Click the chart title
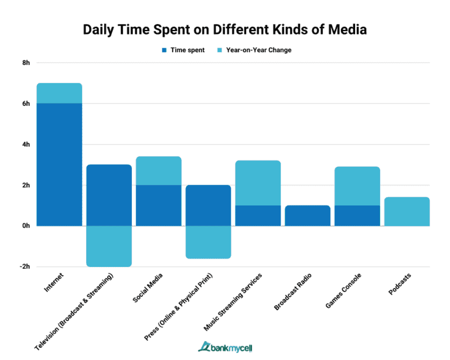(224, 29)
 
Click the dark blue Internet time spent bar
(59, 164)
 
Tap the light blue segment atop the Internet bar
(59, 93)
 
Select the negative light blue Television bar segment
(109, 246)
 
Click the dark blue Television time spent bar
(109, 195)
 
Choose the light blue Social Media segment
(159, 170)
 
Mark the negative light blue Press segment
(208, 242)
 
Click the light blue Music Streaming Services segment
(258, 183)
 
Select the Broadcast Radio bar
(308, 215)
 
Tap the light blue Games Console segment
(357, 186)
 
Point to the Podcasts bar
(407, 211)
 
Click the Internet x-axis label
(55, 282)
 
